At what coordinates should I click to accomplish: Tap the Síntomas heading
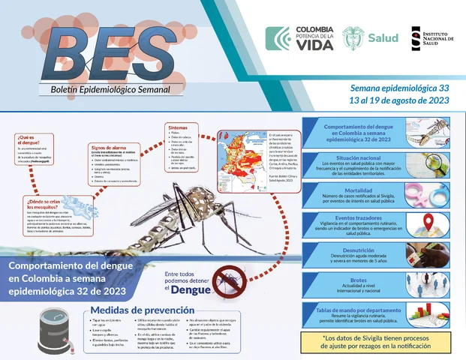pyautogui.click(x=179, y=127)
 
